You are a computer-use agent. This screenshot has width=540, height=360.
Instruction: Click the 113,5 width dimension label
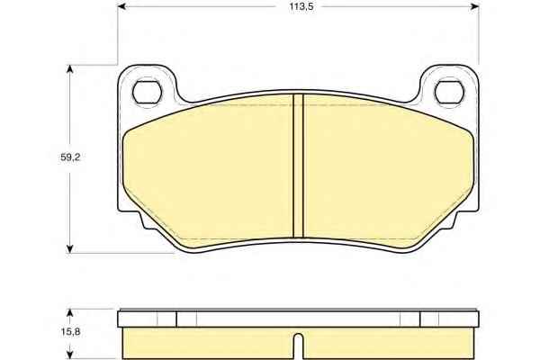click(301, 6)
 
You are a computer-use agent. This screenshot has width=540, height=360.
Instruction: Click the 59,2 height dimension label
click(70, 157)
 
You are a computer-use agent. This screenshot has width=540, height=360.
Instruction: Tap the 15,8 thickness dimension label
click(70, 332)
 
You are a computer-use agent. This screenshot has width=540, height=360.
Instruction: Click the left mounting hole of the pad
click(147, 93)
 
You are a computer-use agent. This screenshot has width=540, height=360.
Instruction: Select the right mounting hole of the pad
click(449, 93)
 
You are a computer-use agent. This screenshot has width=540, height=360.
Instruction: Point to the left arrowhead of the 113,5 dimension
click(121, 6)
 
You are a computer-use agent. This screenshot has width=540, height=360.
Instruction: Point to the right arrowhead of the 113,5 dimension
click(474, 6)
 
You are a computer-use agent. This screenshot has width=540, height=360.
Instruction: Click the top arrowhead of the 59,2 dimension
click(70, 69)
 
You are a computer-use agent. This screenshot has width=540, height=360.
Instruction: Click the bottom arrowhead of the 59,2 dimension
click(70, 249)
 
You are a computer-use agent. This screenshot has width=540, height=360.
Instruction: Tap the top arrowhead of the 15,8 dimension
click(70, 313)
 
